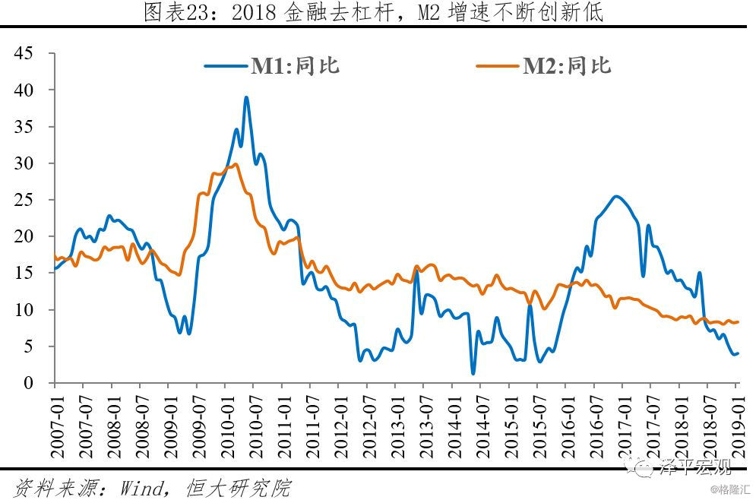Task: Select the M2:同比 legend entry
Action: pos(565,66)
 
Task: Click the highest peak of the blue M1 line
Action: pos(246,97)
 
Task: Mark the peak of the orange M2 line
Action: pos(236,163)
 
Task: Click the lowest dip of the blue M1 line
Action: pos(473,373)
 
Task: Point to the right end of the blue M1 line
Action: pos(737,353)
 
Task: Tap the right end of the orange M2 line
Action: pos(737,321)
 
